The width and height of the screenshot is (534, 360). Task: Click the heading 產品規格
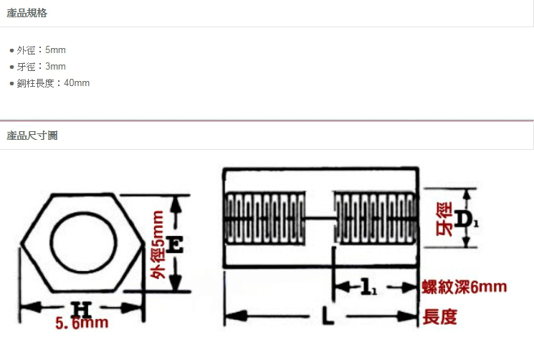[27, 13]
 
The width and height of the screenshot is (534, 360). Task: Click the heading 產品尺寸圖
[32, 136]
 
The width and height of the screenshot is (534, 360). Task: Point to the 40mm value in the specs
[77, 82]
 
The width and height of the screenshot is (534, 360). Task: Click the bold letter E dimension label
[176, 245]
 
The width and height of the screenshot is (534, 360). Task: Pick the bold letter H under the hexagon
[82, 309]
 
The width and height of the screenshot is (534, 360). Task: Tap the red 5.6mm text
[82, 323]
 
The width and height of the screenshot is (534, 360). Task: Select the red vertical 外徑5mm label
[158, 245]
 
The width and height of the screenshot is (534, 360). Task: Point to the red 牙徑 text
[444, 219]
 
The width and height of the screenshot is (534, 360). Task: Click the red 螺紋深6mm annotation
[464, 287]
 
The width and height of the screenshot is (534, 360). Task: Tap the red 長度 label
[439, 317]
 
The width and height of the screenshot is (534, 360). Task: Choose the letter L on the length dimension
[328, 316]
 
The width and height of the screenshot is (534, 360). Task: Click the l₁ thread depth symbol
[368, 287]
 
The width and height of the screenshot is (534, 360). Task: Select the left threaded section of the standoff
[265, 218]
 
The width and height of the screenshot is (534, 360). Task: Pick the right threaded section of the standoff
[376, 218]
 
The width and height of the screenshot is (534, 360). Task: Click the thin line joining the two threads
[320, 217]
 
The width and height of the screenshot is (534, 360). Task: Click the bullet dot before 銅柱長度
[12, 83]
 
